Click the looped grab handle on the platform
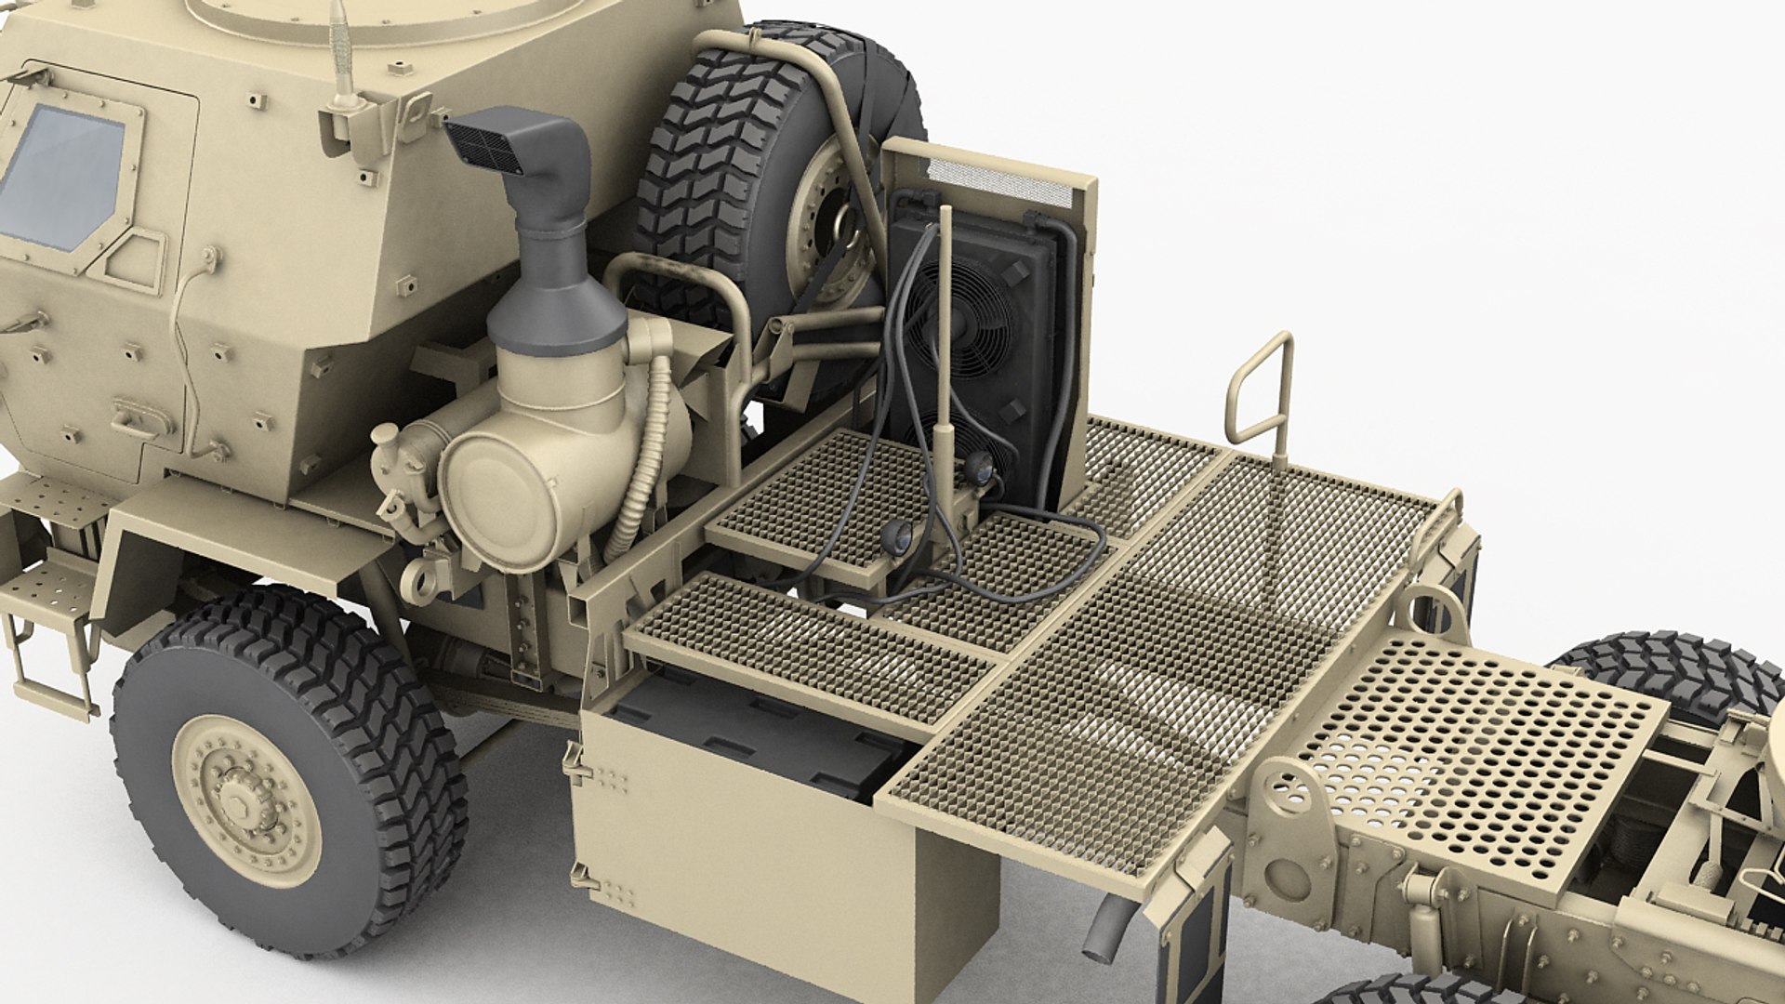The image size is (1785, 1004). pyautogui.click(x=1261, y=390)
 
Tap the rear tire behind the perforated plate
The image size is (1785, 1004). pyautogui.click(x=1664, y=669)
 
